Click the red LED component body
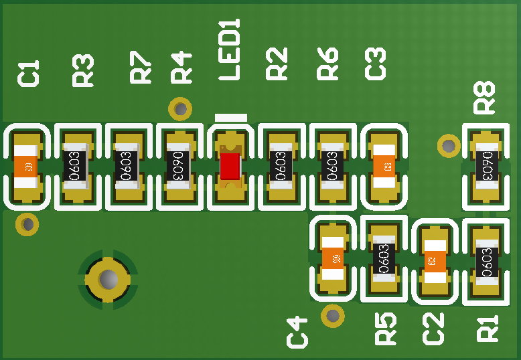click(x=230, y=166)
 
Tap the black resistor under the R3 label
click(x=75, y=166)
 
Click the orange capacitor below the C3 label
click(x=384, y=166)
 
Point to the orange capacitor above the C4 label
click(x=333, y=258)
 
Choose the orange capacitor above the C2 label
click(x=435, y=260)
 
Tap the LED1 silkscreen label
click(x=230, y=50)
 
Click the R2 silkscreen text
click(x=277, y=64)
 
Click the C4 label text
click(x=297, y=333)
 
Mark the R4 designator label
click(x=181, y=67)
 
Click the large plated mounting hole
click(x=107, y=278)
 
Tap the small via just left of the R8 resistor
click(x=448, y=145)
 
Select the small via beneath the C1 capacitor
click(x=27, y=224)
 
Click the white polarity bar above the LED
click(x=230, y=118)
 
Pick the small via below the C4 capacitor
click(x=332, y=315)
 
